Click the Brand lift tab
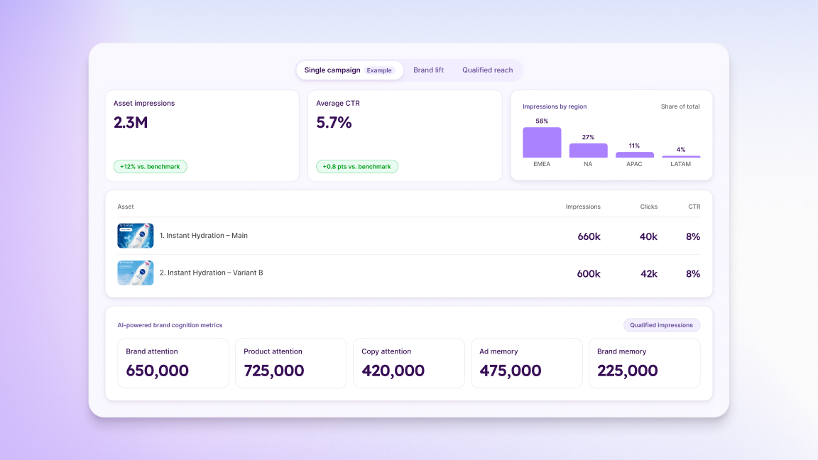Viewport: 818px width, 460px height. coord(428,70)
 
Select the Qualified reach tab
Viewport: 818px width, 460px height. coord(487,70)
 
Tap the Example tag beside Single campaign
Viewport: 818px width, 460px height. coord(379,70)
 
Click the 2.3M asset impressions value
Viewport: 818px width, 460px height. coord(131,123)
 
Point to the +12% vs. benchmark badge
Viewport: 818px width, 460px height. coord(151,166)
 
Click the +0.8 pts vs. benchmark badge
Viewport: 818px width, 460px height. coord(357,166)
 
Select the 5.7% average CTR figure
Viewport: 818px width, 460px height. coord(334,123)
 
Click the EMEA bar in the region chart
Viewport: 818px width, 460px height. coord(542,143)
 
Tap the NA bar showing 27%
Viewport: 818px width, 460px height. coord(588,150)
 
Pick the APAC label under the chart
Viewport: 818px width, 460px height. coord(634,164)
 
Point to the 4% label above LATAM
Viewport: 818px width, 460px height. coord(681,150)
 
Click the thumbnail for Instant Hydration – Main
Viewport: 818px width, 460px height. coord(136,236)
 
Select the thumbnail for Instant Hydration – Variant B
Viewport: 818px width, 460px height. coord(136,273)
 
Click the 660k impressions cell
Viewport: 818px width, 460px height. coord(589,237)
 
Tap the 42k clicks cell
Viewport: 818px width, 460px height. coord(648,274)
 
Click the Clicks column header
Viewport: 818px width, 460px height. coord(648,207)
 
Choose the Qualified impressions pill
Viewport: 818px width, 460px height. coord(662,325)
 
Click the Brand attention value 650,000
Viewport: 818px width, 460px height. coord(157,371)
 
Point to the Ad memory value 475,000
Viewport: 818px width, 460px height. coord(511,371)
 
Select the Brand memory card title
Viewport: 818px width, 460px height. coord(621,351)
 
